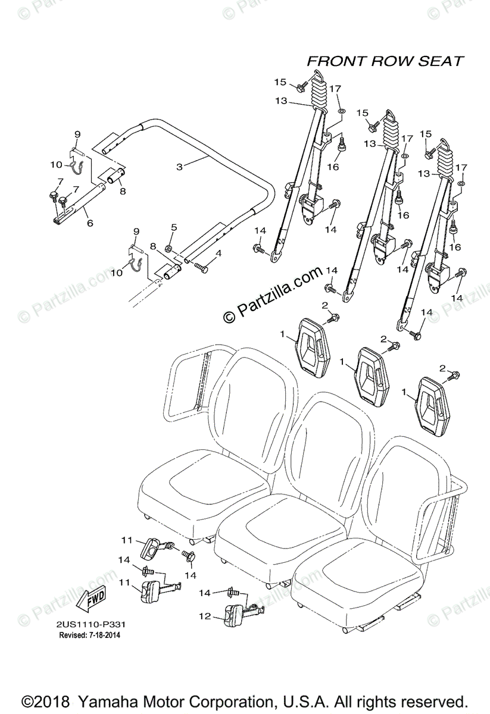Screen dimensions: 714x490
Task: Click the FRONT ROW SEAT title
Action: (x=385, y=61)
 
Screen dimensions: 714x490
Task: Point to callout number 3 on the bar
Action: (x=180, y=167)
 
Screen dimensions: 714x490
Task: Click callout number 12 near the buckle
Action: (x=205, y=617)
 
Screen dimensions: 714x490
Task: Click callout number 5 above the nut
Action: (x=174, y=227)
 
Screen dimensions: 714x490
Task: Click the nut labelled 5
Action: (x=168, y=248)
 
